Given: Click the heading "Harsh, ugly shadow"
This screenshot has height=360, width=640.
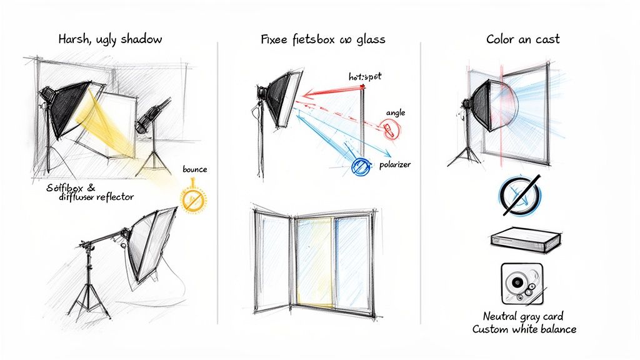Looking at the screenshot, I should pyautogui.click(x=110, y=39).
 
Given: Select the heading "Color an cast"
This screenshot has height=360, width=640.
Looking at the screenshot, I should pyautogui.click(x=522, y=39).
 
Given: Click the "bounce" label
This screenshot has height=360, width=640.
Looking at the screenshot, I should pyautogui.click(x=194, y=169).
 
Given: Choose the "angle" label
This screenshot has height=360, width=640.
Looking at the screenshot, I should pyautogui.click(x=396, y=112).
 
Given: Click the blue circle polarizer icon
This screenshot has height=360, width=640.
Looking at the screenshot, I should pyautogui.click(x=361, y=166).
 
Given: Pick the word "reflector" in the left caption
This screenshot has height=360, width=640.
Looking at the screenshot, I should pyautogui.click(x=113, y=197).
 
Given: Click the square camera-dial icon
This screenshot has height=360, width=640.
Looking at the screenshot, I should pyautogui.click(x=521, y=283).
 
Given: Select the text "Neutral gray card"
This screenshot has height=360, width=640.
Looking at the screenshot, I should pyautogui.click(x=524, y=316).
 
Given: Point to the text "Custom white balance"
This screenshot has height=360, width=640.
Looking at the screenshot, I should pyautogui.click(x=524, y=329).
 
